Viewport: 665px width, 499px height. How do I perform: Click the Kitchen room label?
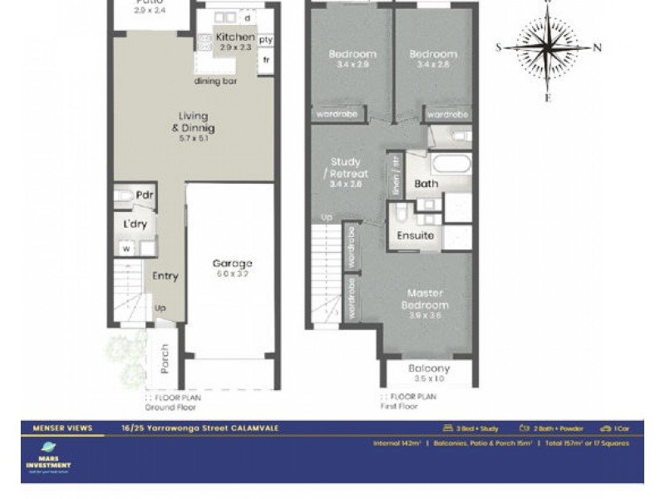[235, 37]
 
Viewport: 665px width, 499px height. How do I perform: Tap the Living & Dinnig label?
[194, 122]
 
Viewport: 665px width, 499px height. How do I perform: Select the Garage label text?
[233, 264]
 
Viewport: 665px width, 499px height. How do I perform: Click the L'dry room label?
[136, 225]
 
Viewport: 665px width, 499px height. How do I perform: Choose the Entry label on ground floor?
[165, 276]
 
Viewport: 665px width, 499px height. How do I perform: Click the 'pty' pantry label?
[265, 40]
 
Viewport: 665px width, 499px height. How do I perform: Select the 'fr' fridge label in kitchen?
[266, 60]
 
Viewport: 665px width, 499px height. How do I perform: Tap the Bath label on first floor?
[426, 184]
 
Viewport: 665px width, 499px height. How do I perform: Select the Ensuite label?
[415, 235]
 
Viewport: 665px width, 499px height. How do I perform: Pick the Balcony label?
[429, 368]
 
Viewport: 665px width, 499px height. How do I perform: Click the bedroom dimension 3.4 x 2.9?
[352, 64]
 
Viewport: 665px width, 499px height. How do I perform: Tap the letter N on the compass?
[597, 47]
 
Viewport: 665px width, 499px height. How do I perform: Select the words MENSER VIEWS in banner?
[55, 428]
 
